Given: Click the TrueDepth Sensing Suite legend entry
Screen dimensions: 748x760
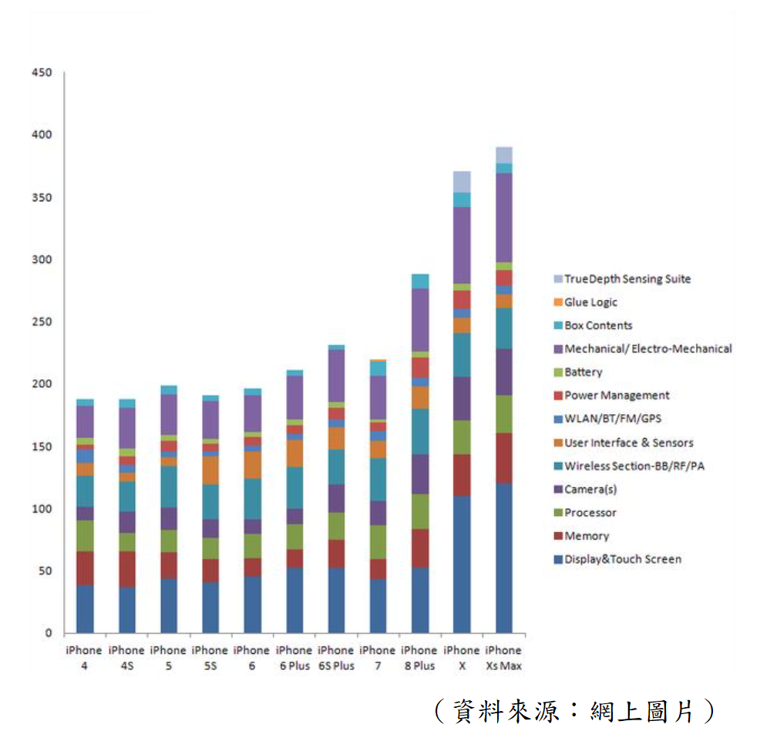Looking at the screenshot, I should click(x=627, y=278).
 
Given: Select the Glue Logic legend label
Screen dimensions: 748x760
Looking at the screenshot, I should click(x=590, y=302).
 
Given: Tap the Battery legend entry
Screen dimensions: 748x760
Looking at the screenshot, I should click(x=583, y=372).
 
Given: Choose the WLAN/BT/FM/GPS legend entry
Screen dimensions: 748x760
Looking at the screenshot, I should click(x=612, y=418).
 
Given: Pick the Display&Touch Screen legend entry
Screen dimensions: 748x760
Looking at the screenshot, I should click(x=622, y=559).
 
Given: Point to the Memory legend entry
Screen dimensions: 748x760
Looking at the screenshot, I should click(x=586, y=536).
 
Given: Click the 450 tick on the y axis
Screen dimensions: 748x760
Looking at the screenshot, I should click(x=42, y=73).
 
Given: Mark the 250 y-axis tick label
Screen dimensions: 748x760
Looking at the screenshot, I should click(x=42, y=322).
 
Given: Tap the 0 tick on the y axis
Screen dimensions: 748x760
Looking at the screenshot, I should click(x=47, y=633).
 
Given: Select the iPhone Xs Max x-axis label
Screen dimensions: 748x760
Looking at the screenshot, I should click(x=503, y=658).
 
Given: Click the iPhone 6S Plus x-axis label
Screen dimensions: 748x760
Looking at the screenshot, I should click(x=335, y=658).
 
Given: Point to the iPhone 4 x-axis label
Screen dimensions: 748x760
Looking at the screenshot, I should click(x=84, y=658).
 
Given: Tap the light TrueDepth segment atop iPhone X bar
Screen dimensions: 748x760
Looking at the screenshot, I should click(x=462, y=181).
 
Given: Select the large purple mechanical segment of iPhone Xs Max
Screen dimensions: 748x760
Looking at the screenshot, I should click(x=503, y=217).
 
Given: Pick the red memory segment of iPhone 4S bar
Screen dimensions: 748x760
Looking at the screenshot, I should click(x=126, y=569).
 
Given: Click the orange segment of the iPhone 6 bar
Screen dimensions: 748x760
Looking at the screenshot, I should click(x=251, y=465).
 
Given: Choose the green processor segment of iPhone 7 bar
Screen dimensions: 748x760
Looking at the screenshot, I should click(x=378, y=542).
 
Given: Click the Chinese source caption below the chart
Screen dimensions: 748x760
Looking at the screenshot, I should click(x=574, y=711).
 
